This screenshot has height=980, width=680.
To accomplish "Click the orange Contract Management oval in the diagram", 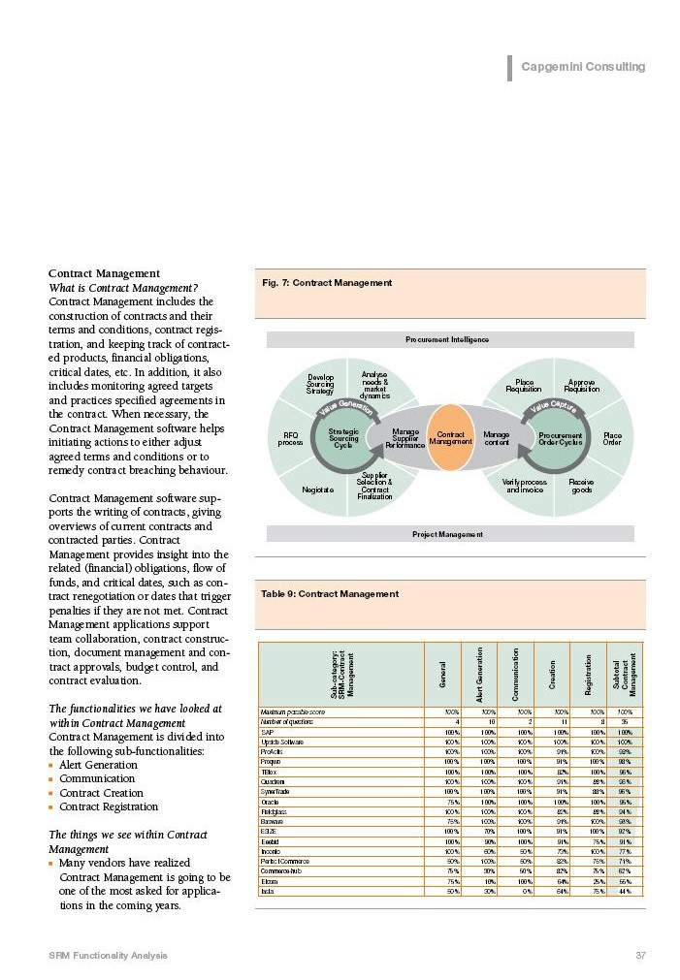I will (451, 438).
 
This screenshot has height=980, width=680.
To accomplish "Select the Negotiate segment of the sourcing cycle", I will (317, 490).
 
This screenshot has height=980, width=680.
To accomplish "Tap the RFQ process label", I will (290, 438).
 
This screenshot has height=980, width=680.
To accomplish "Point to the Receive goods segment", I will (581, 485).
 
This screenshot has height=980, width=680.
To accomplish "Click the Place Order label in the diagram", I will (612, 438).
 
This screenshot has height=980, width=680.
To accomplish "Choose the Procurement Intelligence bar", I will (447, 339).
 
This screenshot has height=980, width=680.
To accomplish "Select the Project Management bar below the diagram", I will (447, 534).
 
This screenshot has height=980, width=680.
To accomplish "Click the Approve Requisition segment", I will (581, 386).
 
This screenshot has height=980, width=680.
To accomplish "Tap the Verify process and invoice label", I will (525, 485).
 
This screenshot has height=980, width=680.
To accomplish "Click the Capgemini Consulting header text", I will (582, 67).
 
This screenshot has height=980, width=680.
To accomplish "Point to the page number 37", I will (640, 956).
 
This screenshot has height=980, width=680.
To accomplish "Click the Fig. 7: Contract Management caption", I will (327, 283).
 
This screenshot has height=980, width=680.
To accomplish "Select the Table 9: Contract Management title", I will (330, 593).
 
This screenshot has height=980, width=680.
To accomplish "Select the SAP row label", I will (267, 731).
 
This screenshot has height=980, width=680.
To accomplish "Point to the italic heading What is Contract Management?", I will (123, 288).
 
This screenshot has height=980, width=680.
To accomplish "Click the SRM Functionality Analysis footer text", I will (108, 956).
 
